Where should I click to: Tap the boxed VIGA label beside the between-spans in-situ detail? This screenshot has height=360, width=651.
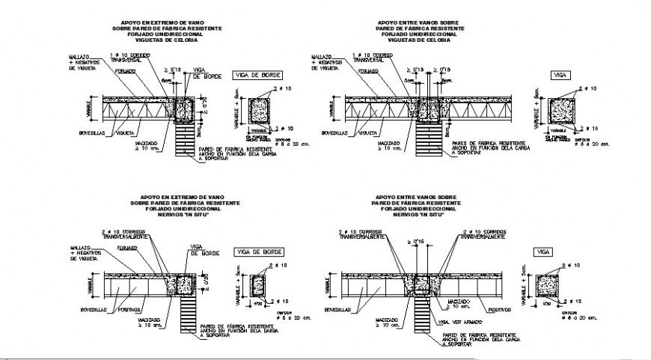click(x=540, y=253)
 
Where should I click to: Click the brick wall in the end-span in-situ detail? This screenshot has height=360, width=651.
click(x=185, y=315)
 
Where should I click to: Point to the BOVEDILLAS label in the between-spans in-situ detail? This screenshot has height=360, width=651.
click(x=338, y=308)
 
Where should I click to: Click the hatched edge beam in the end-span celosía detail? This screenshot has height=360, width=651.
click(x=183, y=109)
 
